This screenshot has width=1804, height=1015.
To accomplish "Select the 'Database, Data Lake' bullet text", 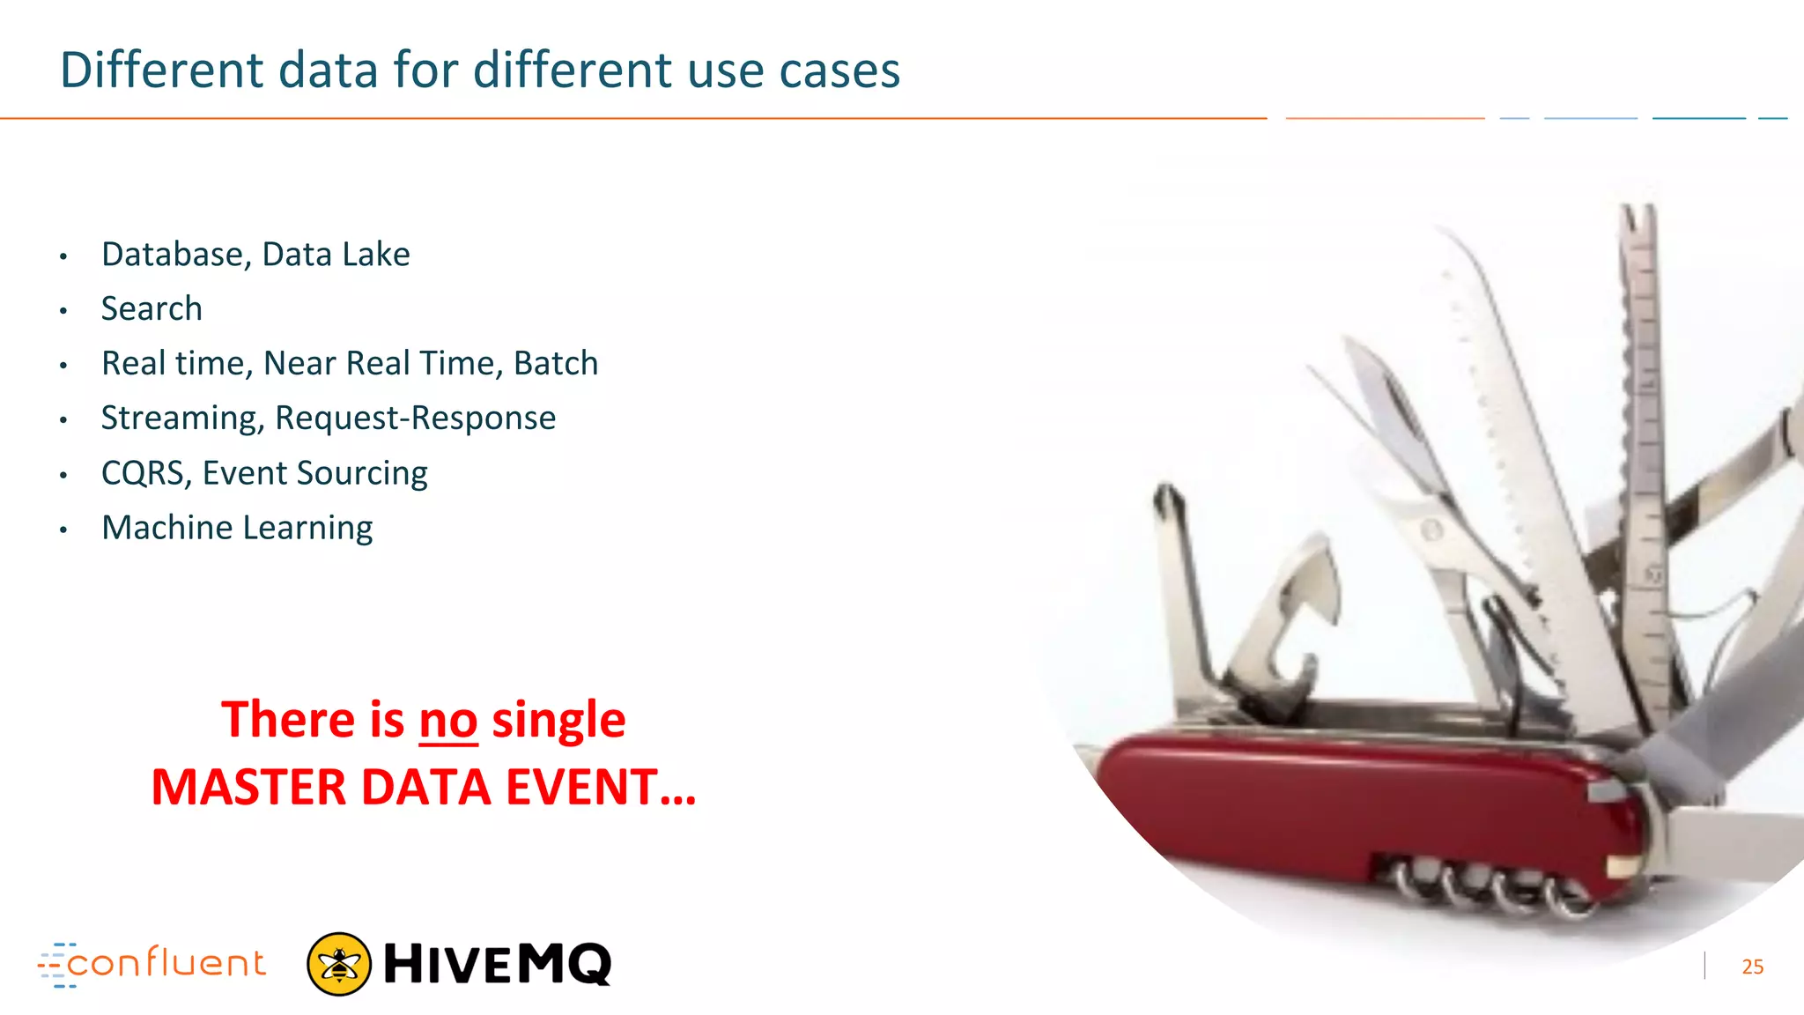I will (255, 255).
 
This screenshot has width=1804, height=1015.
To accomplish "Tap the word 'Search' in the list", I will (152, 309).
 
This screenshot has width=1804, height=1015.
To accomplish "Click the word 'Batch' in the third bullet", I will (556, 364).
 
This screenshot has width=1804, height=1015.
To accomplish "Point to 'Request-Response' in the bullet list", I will (416, 419).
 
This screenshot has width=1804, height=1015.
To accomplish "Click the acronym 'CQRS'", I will (144, 474).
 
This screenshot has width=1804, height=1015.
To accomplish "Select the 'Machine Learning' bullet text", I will (237, 528).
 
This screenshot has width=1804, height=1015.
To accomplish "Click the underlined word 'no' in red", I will (447, 721).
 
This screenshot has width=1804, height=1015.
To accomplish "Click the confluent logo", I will (152, 964).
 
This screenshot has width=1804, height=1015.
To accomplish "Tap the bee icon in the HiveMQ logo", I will (338, 964).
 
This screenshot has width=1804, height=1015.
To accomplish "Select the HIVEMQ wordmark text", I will (498, 964).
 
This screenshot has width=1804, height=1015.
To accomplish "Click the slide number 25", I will (1752, 967).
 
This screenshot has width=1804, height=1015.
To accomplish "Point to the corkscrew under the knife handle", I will (1489, 885).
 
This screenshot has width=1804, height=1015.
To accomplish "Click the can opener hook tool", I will (1286, 617).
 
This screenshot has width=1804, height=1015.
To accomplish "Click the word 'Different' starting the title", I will (161, 70).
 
